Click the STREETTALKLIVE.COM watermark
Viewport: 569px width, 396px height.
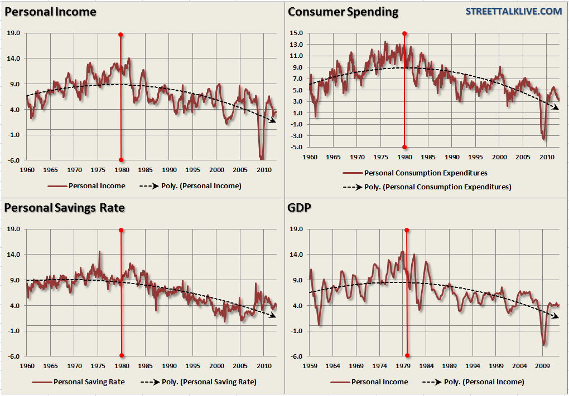point(514,11)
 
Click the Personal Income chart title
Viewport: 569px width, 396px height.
point(50,12)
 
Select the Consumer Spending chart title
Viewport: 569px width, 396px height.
point(343,12)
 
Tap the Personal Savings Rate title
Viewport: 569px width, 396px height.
point(64,208)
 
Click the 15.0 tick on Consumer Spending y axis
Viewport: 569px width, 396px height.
point(296,33)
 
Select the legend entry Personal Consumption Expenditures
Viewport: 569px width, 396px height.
point(426,173)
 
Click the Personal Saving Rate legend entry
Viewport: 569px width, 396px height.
point(89,382)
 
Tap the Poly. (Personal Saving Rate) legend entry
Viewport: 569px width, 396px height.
point(208,382)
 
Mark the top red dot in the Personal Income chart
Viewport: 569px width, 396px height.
point(120,35)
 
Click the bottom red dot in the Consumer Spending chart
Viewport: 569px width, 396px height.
point(404,147)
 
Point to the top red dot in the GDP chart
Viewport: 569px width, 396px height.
point(407,230)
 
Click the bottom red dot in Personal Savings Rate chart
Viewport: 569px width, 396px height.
point(121,356)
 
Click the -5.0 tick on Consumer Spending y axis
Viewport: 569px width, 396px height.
point(296,148)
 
